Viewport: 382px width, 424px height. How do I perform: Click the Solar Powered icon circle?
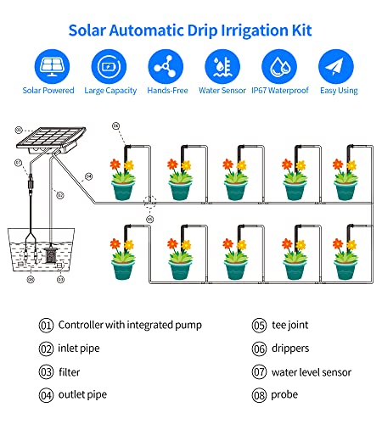coord(52,66)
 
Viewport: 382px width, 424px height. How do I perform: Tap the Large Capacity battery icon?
coord(109,66)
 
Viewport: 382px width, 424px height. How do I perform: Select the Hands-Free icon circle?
coord(166,66)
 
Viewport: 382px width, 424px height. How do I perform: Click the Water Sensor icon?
coord(222,66)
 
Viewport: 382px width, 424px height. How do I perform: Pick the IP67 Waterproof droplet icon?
coord(279,66)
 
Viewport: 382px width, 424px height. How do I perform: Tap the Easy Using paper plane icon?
coord(336,66)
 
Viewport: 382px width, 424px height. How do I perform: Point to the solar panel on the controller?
coord(52,137)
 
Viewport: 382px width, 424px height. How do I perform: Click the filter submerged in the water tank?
coord(51,255)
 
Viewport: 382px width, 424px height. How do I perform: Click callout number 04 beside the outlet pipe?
coord(89,176)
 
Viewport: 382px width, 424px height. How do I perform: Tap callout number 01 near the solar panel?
coord(19,130)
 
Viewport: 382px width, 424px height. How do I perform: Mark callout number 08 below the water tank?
coord(31,280)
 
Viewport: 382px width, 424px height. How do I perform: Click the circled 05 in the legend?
coord(259,326)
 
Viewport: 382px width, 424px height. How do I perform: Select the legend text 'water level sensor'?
coord(312,372)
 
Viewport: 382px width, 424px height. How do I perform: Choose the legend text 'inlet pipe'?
coord(79,349)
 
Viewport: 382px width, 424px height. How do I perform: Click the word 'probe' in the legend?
coord(284,395)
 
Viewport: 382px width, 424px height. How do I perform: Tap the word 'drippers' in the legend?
coord(290,349)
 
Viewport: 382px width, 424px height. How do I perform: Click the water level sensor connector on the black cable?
coord(31,183)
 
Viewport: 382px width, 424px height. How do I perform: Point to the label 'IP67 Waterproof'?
coord(280,91)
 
